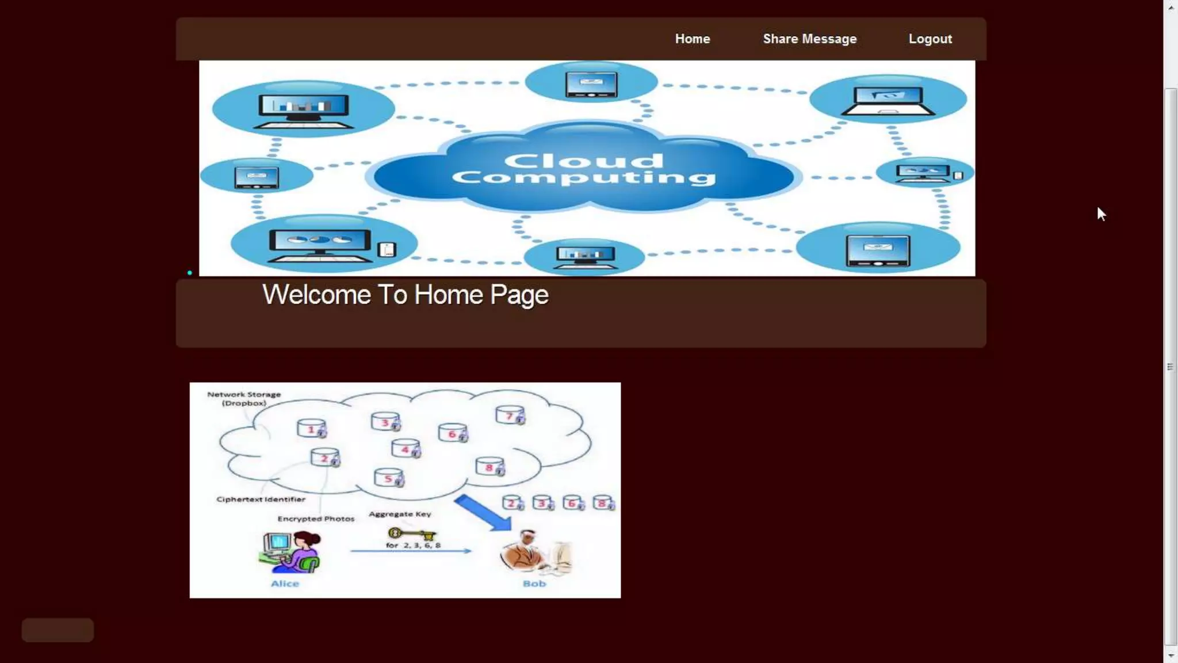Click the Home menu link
click(x=693, y=39)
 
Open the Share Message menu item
click(x=809, y=39)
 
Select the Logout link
click(x=930, y=39)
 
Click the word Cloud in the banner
click(x=584, y=161)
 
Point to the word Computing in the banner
click(x=584, y=177)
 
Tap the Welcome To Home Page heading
click(x=406, y=295)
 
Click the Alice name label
click(x=285, y=584)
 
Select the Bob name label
click(x=534, y=584)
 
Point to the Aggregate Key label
click(x=400, y=514)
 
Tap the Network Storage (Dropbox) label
click(x=244, y=398)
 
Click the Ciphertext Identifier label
click(x=261, y=499)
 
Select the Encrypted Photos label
click(x=316, y=519)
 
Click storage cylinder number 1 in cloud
click(x=311, y=429)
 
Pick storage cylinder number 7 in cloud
click(x=510, y=415)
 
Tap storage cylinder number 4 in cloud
click(x=406, y=448)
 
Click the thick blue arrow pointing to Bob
click(x=483, y=512)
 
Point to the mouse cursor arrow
click(x=1101, y=214)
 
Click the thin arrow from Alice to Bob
click(x=411, y=551)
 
